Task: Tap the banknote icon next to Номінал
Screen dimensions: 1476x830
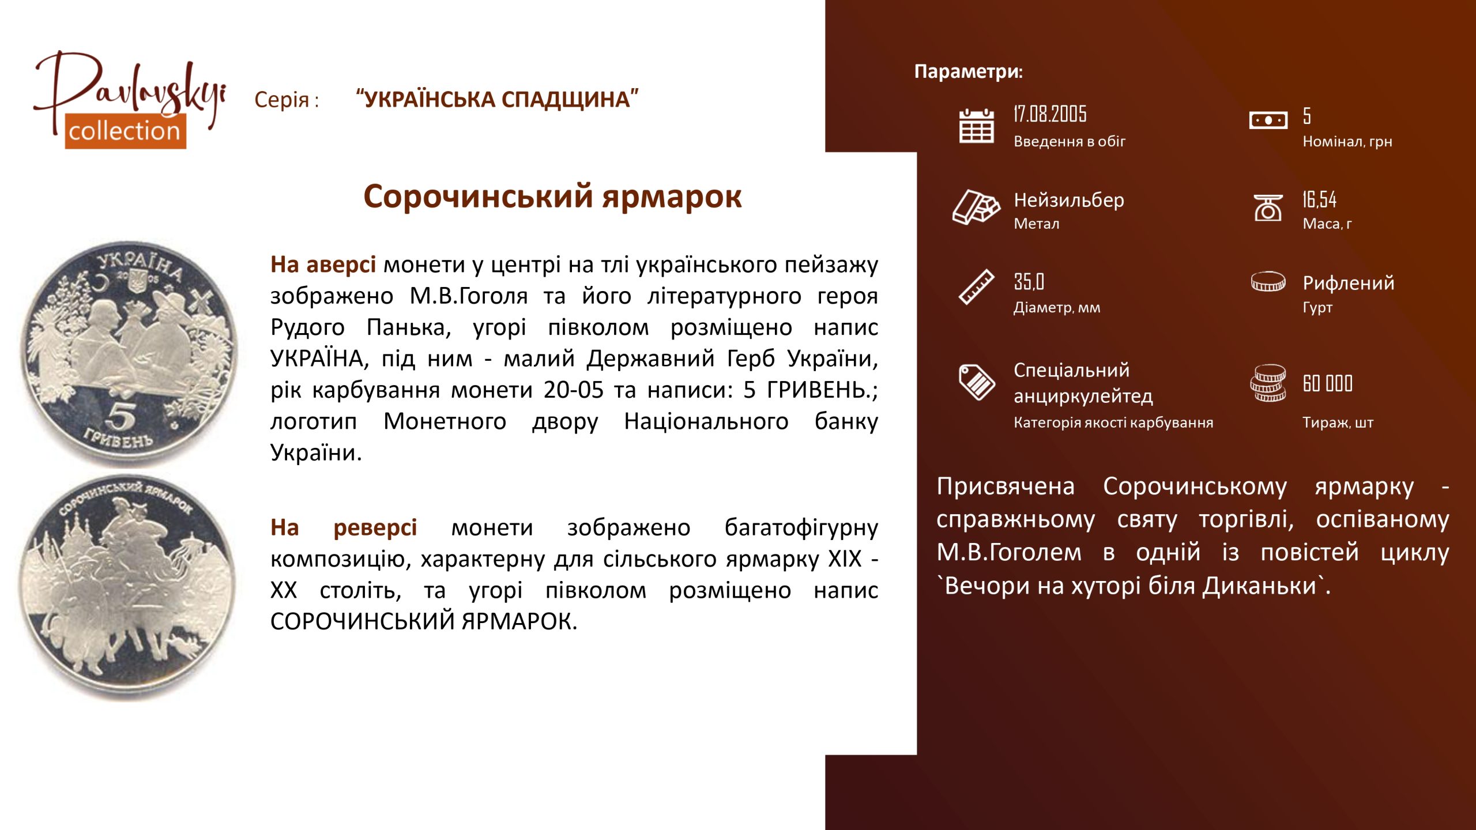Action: coord(1268,120)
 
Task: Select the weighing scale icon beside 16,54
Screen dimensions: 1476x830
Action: coord(1268,207)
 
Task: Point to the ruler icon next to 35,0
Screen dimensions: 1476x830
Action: coord(976,286)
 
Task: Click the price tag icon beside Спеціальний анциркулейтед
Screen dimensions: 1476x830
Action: coord(976,382)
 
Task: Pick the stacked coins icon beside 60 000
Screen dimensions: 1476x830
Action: coord(1268,383)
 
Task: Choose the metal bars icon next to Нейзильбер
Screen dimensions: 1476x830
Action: coord(976,207)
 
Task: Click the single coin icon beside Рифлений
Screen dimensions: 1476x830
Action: coord(1268,281)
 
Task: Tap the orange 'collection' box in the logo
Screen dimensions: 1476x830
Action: coord(125,131)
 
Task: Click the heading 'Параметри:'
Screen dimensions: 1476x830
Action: coord(969,71)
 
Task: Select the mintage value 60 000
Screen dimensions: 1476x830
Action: coord(1327,383)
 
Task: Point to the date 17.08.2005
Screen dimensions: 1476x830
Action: coord(1050,114)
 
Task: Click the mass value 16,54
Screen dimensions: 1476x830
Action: coord(1319,199)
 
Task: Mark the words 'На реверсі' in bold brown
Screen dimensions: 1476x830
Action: coord(344,527)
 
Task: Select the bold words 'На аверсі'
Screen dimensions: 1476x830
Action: coord(323,265)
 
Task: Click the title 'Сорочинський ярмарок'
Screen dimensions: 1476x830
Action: coord(552,197)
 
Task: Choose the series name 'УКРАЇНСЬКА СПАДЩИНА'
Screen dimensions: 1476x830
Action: coord(498,99)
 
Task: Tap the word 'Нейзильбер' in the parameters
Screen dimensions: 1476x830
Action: coord(1069,200)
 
